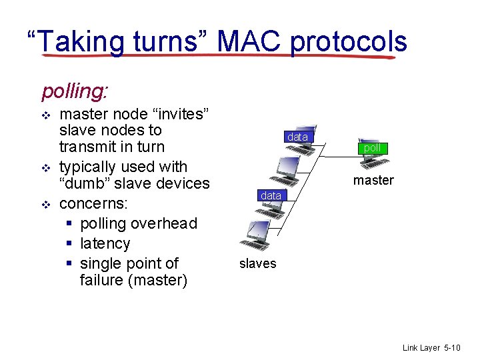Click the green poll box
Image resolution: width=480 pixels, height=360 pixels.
click(372, 148)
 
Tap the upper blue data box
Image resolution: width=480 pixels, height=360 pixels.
click(297, 137)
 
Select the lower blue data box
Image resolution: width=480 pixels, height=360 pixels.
click(271, 195)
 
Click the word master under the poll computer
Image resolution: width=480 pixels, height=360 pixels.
click(373, 180)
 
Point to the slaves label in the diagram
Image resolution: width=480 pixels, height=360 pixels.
click(257, 263)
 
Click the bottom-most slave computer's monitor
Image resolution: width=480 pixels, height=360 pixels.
click(259, 231)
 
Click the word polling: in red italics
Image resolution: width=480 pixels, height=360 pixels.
click(75, 89)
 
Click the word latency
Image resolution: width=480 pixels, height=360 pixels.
click(105, 243)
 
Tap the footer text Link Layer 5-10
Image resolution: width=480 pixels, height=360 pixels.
click(431, 348)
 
